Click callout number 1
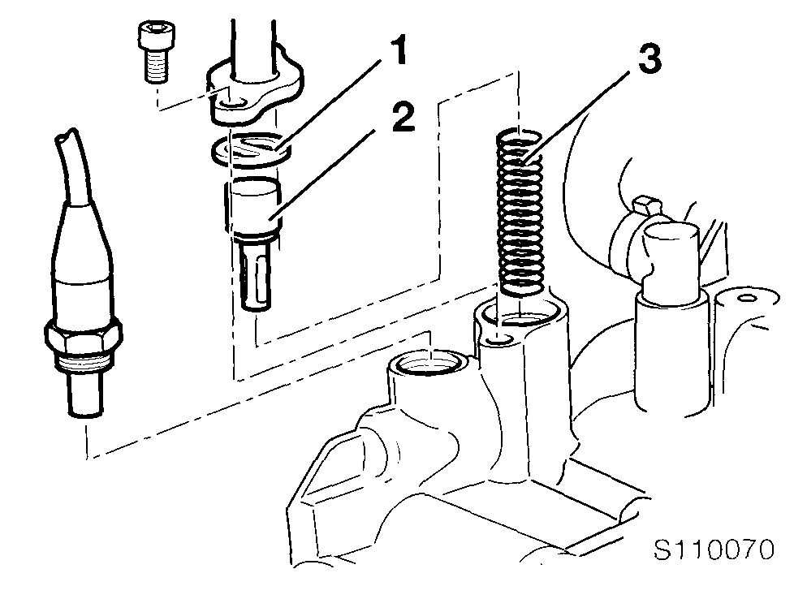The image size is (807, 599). (x=396, y=51)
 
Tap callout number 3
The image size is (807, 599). (x=649, y=59)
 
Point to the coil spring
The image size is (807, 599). (x=520, y=213)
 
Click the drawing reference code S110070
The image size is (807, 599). (x=714, y=549)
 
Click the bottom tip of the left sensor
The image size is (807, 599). (x=84, y=413)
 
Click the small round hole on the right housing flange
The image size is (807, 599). (x=745, y=298)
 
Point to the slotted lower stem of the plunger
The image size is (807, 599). (x=255, y=275)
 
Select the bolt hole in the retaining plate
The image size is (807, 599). (x=234, y=105)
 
